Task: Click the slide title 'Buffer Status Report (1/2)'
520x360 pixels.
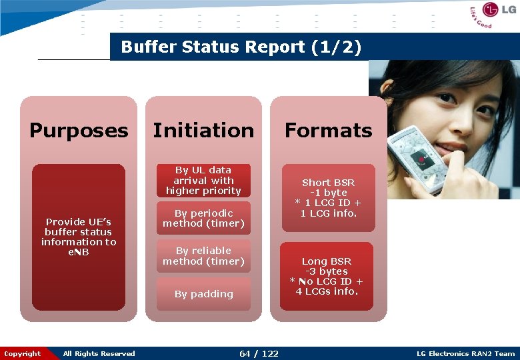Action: point(241,47)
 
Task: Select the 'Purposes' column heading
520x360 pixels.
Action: point(79,130)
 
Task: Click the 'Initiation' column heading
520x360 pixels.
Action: point(203,130)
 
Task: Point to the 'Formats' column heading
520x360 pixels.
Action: point(329,130)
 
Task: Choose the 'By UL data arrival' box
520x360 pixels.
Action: point(203,181)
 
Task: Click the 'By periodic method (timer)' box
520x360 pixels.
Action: point(203,218)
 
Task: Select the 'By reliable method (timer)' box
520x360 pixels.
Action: point(203,256)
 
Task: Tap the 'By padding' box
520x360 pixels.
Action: point(203,294)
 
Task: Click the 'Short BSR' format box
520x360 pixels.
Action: point(329,198)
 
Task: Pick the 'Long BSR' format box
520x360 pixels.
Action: point(327,276)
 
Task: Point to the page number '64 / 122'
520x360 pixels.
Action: point(259,353)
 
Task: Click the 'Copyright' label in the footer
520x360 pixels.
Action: point(22,353)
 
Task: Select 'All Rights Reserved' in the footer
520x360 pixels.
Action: point(99,353)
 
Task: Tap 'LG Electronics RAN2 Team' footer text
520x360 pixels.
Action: point(465,353)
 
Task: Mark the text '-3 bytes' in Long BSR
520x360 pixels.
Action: point(327,271)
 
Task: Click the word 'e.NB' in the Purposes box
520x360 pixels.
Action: point(79,252)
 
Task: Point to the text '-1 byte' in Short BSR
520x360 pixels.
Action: point(329,193)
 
